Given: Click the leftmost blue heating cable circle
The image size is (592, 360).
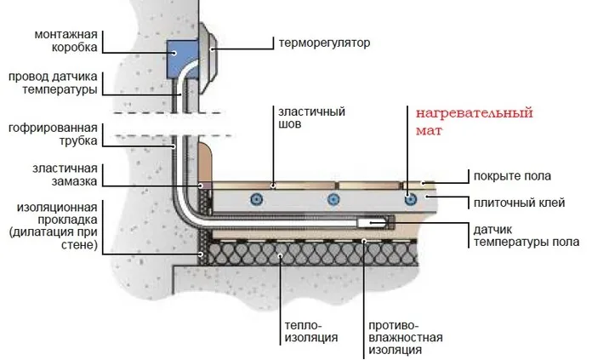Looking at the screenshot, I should click(254, 199).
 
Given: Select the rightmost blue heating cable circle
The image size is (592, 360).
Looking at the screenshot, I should click(411, 198).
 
